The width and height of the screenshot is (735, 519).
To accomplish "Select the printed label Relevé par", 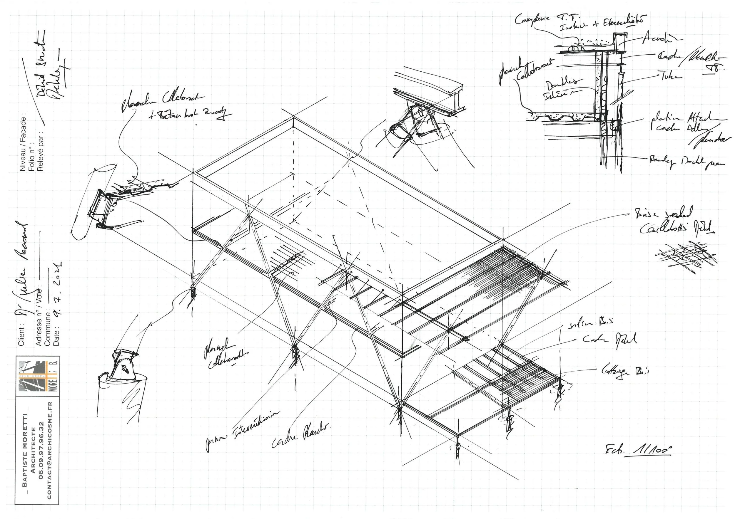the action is click(x=40, y=151).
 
